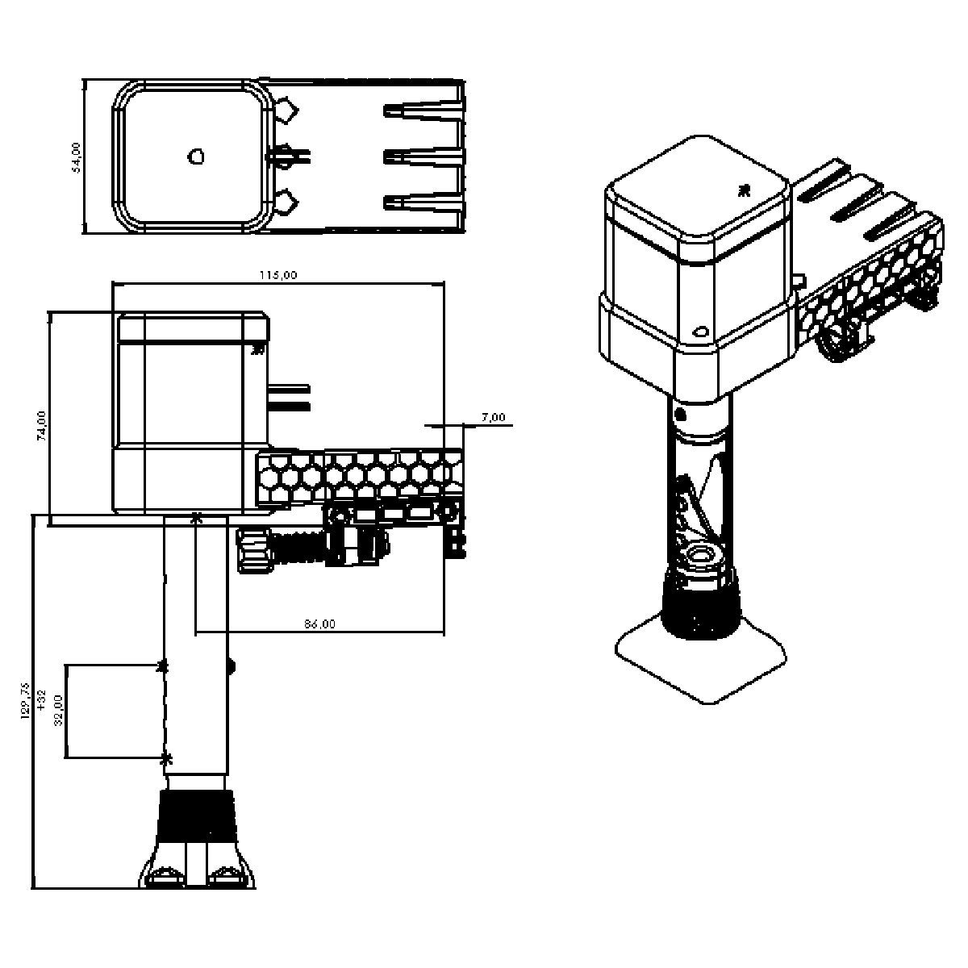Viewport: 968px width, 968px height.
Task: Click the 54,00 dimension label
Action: pyautogui.click(x=77, y=156)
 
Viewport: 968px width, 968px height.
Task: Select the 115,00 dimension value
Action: pyautogui.click(x=278, y=275)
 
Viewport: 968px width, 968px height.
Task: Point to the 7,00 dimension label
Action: pyautogui.click(x=494, y=417)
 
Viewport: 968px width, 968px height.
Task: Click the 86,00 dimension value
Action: pyautogui.click(x=319, y=624)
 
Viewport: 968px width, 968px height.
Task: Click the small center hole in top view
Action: pyautogui.click(x=195, y=156)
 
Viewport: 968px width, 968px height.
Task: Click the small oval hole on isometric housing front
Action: pyautogui.click(x=700, y=331)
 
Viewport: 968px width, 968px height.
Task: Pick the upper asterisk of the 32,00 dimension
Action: pyautogui.click(x=162, y=665)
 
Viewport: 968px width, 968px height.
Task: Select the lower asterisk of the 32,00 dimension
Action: pyautogui.click(x=166, y=759)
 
